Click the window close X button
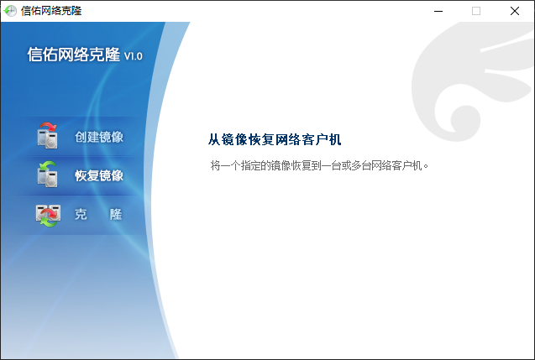tap(515, 11)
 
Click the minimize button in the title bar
tap(438, 11)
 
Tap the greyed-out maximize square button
tap(476, 11)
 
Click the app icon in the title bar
tap(10, 11)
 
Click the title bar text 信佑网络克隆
tap(51, 11)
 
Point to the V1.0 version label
tap(133, 56)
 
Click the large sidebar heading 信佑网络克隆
tap(74, 55)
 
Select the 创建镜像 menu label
tap(99, 137)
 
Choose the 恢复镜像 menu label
tap(99, 175)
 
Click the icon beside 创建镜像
tap(47, 136)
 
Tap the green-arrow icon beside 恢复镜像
tap(47, 175)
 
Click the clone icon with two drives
tap(48, 215)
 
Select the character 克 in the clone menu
tap(81, 214)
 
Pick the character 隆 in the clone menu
tap(116, 214)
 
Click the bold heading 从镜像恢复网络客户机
tap(275, 139)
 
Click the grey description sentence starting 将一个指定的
tap(319, 165)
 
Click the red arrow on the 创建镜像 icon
tap(48, 127)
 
